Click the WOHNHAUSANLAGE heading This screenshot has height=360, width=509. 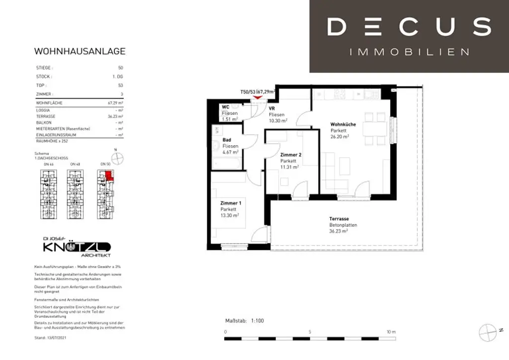pos(80,51)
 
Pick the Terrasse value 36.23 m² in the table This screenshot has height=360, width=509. pos(115,116)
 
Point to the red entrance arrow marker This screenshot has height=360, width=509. pos(257,97)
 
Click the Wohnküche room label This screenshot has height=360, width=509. pos(343,124)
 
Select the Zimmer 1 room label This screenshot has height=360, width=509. pos(231,203)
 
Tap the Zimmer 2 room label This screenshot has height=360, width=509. pos(291,155)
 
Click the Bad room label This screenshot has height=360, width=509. pos(227,140)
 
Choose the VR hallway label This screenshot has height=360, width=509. pos(272,108)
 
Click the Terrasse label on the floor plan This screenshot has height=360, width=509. pos(339,219)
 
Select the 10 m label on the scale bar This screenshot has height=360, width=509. pos(391,332)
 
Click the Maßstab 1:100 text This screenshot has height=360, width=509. pos(245,321)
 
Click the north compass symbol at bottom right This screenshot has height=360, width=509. pos(489,331)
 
